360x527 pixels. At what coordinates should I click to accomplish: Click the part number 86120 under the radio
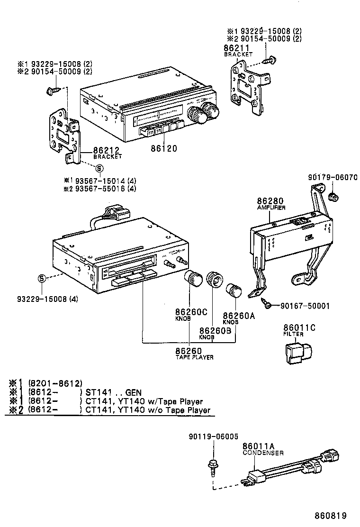[164, 148]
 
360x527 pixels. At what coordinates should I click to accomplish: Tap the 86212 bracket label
[107, 150]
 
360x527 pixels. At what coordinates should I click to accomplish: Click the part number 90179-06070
[331, 178]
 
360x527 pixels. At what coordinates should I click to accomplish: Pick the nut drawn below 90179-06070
[333, 196]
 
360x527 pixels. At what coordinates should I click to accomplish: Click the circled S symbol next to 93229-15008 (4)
[42, 278]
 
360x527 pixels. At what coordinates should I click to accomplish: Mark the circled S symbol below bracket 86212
[99, 168]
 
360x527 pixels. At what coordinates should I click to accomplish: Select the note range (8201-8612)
[55, 383]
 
